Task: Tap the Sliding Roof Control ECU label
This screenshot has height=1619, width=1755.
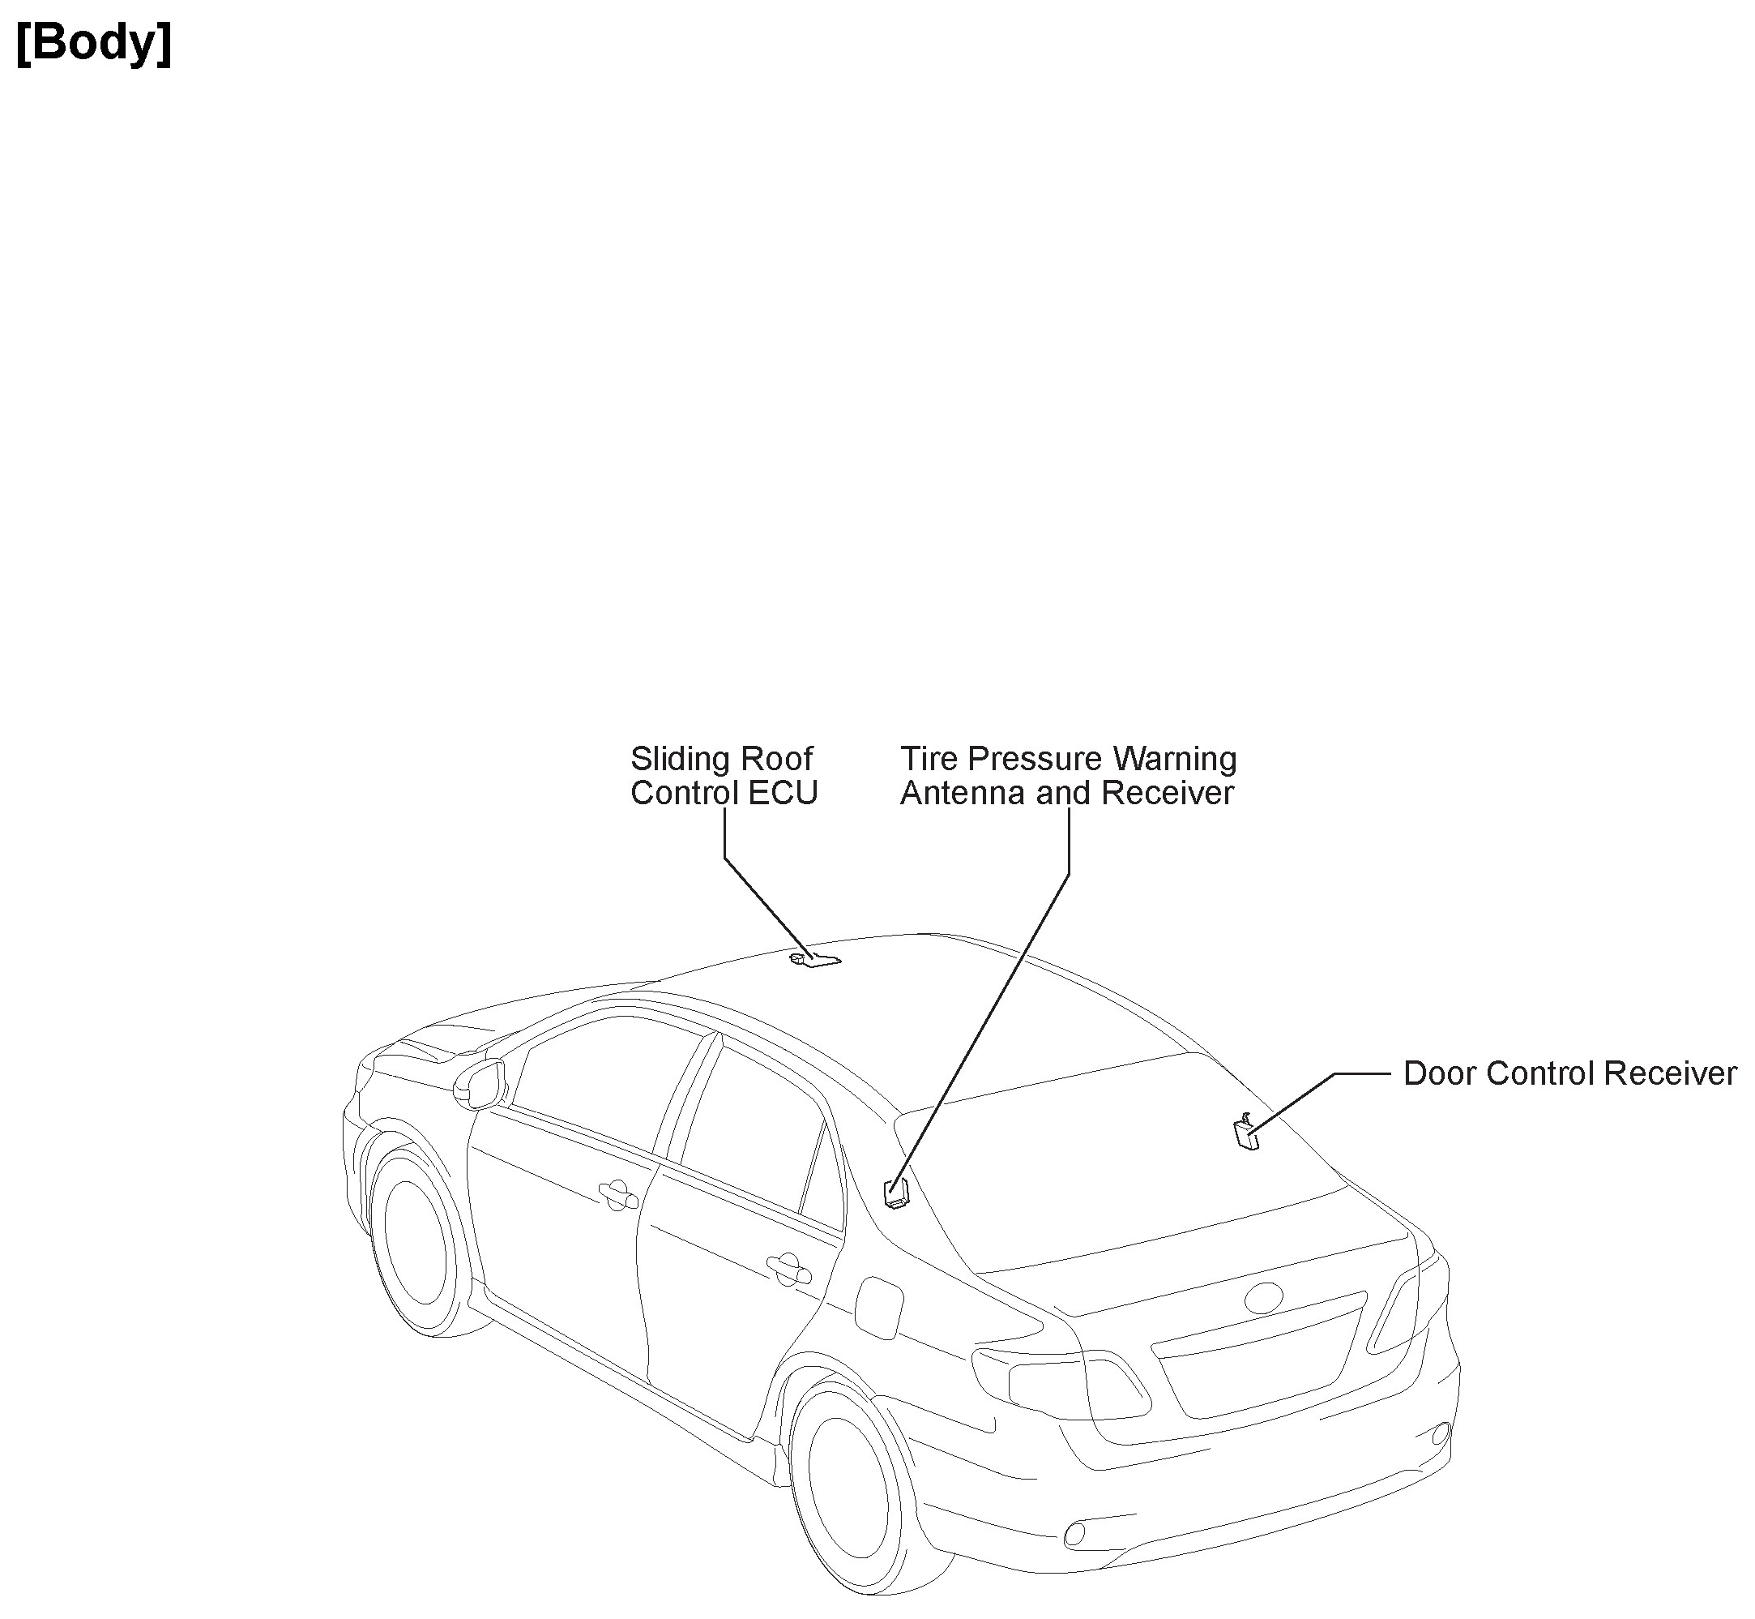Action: pos(724,775)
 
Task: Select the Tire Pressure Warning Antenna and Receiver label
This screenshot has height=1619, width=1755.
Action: pos(1069,775)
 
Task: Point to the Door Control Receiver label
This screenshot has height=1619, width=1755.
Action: pos(1569,1073)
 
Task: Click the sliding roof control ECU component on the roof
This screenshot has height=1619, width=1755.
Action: pos(815,960)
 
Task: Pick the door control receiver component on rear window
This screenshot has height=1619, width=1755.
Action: pos(1246,1135)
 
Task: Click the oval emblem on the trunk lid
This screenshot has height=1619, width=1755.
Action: pos(1264,1297)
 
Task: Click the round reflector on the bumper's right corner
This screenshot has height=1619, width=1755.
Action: pos(1441,1434)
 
